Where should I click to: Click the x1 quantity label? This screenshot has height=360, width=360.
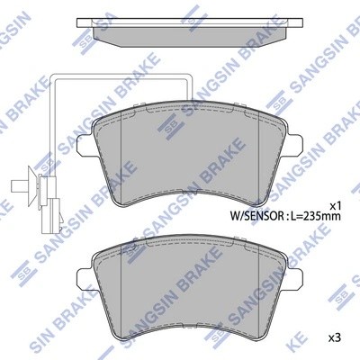click(335, 206)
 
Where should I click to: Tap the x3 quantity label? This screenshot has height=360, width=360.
click(335, 338)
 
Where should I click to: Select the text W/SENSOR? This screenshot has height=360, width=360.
click(256, 215)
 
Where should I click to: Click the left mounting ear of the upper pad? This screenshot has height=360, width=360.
click(85, 145)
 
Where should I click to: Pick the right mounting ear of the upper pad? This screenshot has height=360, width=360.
click(293, 145)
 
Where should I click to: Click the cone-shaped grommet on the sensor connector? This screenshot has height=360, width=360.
click(33, 186)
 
